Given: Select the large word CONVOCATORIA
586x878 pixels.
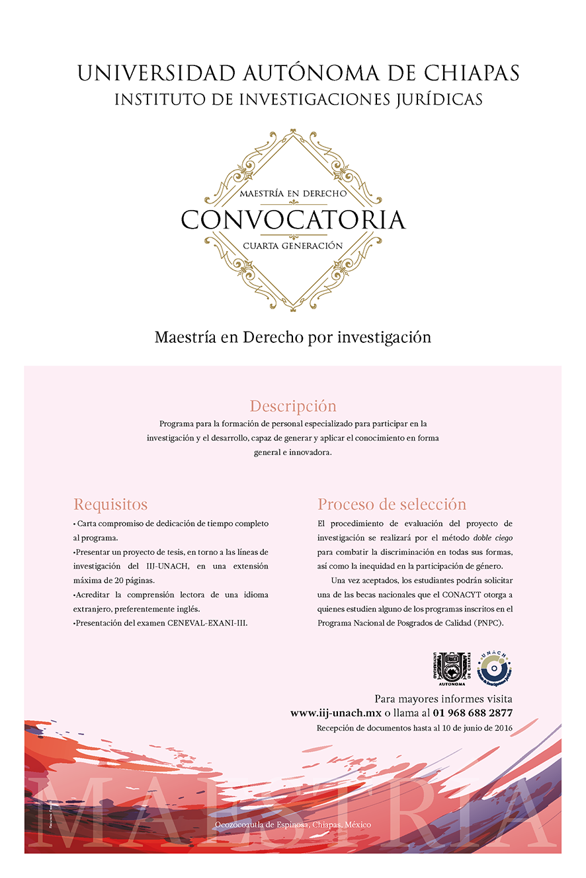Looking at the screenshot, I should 293,220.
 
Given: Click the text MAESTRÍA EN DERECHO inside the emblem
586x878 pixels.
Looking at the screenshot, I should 293,194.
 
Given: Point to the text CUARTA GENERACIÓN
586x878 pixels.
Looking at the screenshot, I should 293,246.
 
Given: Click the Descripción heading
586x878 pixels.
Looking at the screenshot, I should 293,406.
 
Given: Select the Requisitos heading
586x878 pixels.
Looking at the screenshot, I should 110,505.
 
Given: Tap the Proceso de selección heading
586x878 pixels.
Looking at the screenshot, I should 392,505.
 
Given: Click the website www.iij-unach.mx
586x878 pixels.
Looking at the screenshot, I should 336,713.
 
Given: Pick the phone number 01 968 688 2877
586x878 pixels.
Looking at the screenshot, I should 473,713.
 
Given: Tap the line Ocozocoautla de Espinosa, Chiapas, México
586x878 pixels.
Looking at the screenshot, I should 293,825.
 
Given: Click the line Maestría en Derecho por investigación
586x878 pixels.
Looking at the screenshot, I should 293,338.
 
